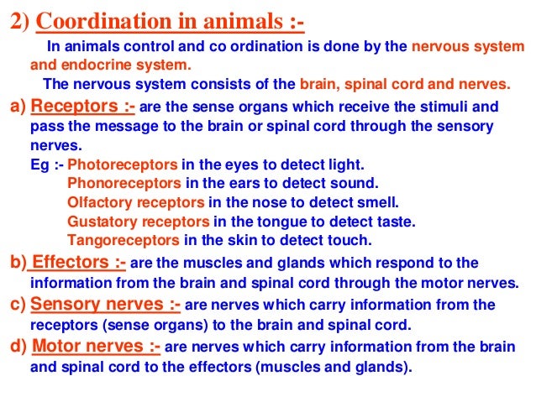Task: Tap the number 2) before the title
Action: tap(20, 18)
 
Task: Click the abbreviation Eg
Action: tap(39, 164)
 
